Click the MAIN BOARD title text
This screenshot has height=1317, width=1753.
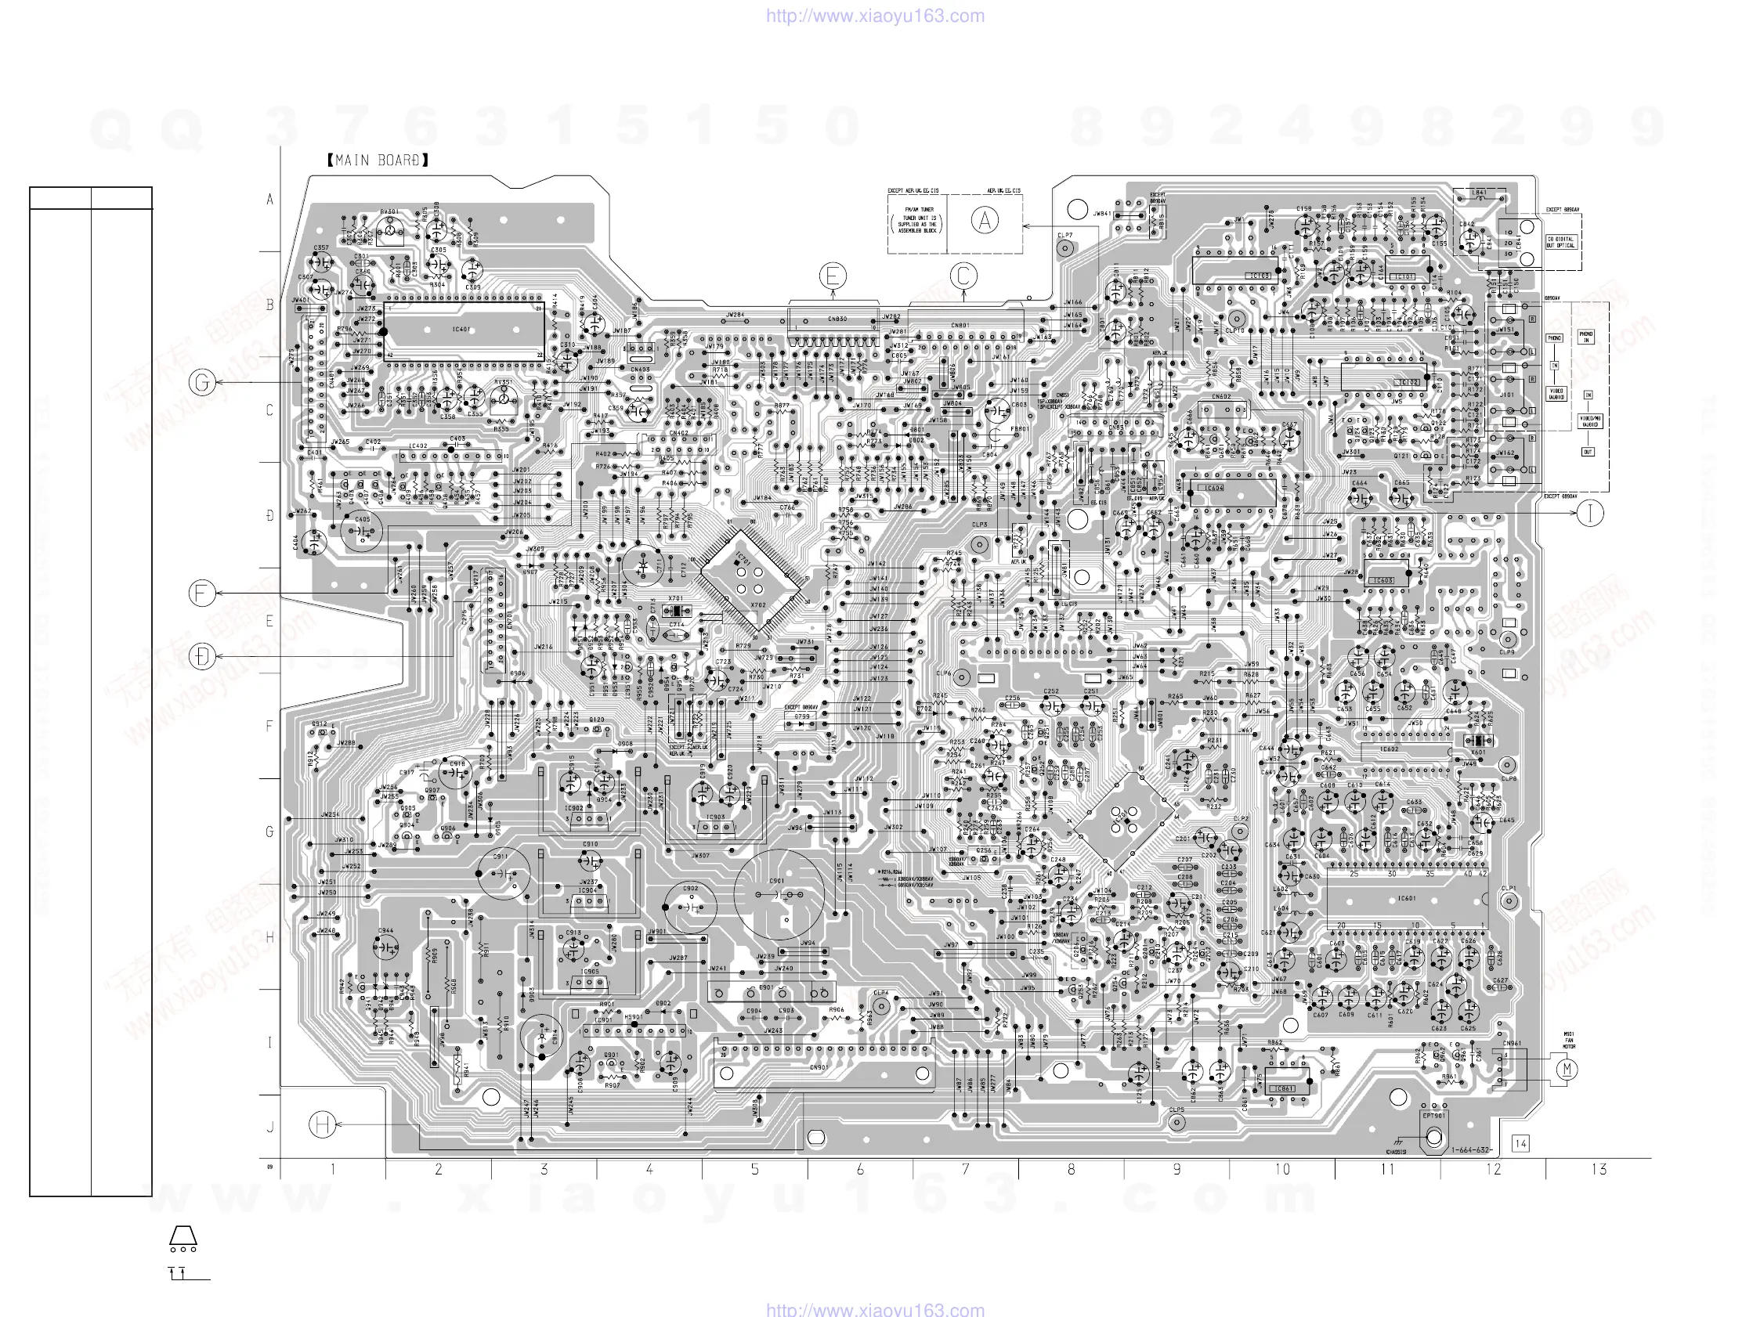[x=378, y=161]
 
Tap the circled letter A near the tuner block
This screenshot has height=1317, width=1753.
[x=985, y=221]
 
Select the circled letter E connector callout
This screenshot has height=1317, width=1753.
[x=833, y=276]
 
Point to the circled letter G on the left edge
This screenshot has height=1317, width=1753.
[x=202, y=383]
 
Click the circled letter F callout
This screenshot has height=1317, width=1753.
[x=202, y=593]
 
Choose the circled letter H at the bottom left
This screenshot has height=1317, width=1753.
[x=322, y=1124]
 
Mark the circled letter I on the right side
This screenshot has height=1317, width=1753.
[x=1590, y=514]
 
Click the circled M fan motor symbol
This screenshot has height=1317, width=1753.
[x=1566, y=1070]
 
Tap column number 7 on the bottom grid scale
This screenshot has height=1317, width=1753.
[x=965, y=1169]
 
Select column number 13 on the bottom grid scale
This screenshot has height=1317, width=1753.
[x=1599, y=1169]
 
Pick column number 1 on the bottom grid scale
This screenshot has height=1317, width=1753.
[x=333, y=1169]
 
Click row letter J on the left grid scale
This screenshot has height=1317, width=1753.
[x=269, y=1127]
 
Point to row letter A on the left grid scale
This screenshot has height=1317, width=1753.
[x=269, y=200]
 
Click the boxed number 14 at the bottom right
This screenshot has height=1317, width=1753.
[x=1520, y=1143]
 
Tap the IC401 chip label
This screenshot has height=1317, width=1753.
[x=462, y=329]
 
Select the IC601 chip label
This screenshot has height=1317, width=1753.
[x=1407, y=899]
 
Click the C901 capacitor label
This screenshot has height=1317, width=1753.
[x=777, y=880]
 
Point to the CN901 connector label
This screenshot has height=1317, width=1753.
[x=819, y=1067]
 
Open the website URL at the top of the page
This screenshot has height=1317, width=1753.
[x=875, y=16]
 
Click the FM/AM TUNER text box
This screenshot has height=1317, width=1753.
[x=919, y=220]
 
